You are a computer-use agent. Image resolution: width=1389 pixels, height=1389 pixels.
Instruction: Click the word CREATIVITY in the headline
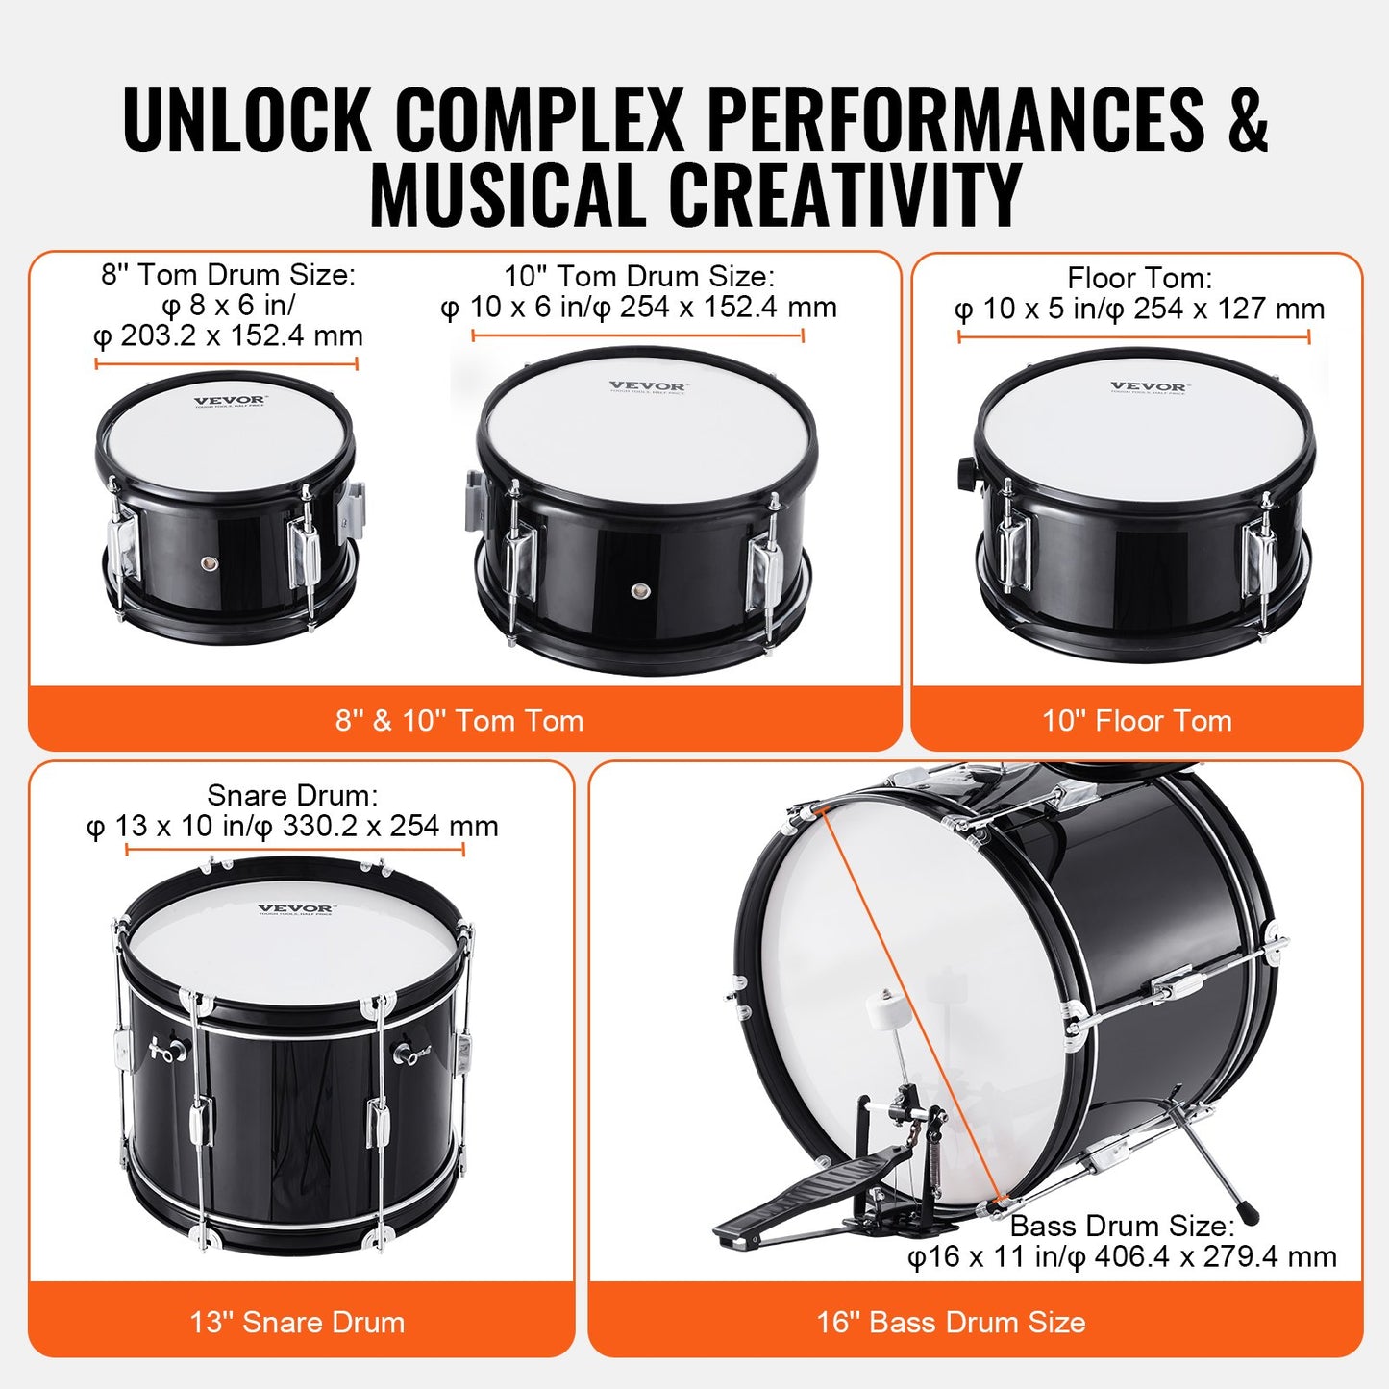pos(845,195)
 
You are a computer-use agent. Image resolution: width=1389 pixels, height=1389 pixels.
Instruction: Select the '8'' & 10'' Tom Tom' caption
pos(459,720)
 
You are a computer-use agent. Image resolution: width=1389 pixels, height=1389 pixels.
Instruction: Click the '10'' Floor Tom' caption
pos(1136,720)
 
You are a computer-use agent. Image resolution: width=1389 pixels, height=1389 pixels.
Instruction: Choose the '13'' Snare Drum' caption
pos(297,1322)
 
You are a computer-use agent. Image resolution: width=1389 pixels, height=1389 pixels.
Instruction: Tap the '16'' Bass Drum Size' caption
pos(951,1322)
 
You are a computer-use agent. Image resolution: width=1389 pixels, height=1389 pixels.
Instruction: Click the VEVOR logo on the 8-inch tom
pos(230,401)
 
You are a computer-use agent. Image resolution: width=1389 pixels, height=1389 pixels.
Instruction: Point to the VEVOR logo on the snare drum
pos(295,908)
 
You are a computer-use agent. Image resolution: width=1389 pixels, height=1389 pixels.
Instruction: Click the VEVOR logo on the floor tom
pos(1148,387)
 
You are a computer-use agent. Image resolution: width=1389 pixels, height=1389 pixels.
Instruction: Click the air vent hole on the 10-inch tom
pos(639,590)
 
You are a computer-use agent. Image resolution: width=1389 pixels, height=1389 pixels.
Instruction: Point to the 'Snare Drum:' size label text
pos(292,795)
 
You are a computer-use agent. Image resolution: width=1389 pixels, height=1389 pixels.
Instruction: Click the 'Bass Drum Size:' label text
pos(1122,1226)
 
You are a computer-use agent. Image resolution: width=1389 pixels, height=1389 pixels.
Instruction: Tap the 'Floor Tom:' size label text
pos(1139,278)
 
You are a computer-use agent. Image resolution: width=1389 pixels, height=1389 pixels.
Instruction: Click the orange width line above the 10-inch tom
pos(637,335)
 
